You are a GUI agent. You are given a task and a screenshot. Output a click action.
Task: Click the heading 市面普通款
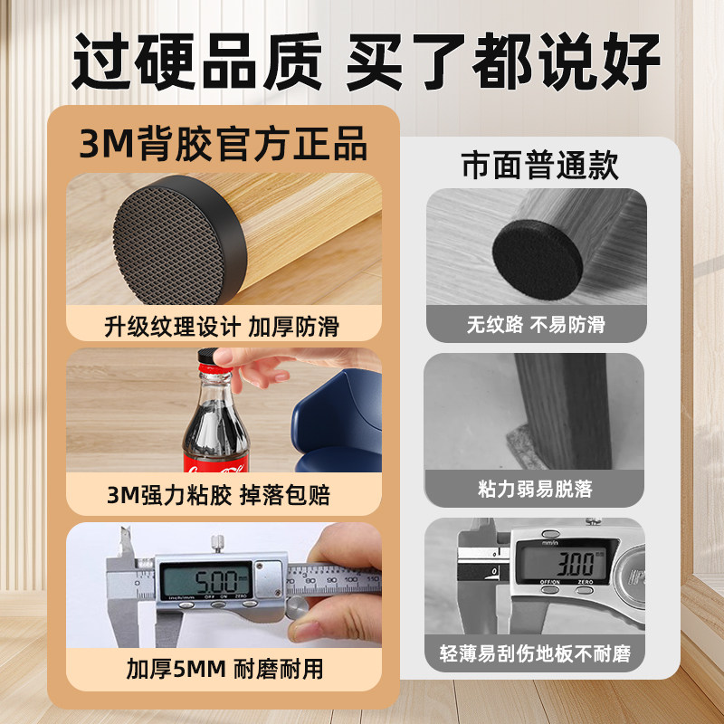540,166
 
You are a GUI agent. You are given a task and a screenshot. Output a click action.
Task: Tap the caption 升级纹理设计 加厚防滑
223,324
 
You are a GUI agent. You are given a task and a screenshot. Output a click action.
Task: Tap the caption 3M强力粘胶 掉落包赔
223,495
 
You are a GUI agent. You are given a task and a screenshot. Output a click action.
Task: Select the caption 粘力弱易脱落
535,489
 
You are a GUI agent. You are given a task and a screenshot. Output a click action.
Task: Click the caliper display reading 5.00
206,577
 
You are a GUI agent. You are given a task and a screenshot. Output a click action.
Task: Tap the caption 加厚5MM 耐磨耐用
223,671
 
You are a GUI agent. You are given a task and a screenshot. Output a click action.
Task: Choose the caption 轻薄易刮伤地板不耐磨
535,653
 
